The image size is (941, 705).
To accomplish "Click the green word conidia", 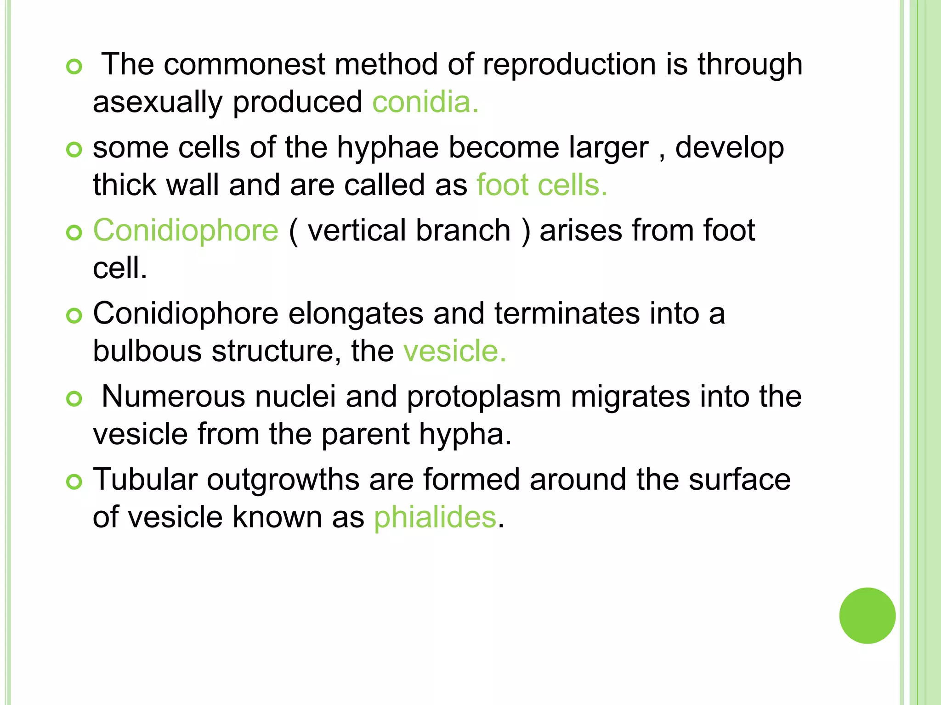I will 425,102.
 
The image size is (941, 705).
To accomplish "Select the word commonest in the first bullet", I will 244,64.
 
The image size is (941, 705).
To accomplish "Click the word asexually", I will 158,103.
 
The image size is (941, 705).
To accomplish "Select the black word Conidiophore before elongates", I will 186,313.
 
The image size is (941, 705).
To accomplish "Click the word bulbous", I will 147,351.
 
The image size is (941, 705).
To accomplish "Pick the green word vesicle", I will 454,351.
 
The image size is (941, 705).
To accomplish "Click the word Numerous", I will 173,397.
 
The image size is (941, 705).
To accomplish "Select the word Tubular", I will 145,480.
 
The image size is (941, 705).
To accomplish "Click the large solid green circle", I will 867,615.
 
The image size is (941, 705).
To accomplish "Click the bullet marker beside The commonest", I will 74,67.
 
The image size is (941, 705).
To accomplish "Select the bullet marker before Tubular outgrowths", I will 74,482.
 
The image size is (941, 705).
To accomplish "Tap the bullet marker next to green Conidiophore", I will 74,233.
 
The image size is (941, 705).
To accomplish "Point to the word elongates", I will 356,314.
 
